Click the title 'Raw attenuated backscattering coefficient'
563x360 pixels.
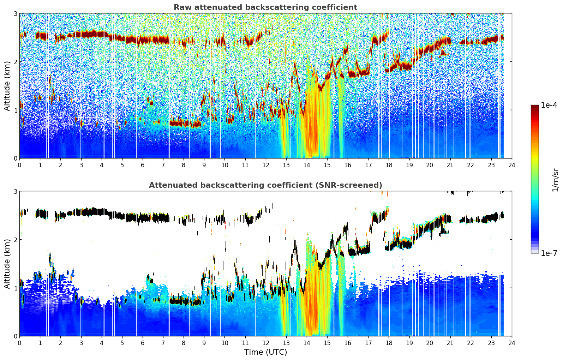(x=265, y=7)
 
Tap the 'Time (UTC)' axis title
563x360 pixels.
(x=265, y=352)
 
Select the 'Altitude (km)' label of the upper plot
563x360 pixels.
(x=7, y=86)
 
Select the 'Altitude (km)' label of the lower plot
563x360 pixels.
(x=7, y=264)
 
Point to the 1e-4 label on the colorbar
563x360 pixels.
(x=549, y=105)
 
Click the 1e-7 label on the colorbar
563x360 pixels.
(x=549, y=253)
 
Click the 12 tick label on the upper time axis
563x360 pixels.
(x=265, y=165)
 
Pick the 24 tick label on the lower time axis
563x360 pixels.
(x=512, y=343)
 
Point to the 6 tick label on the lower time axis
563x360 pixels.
(x=143, y=343)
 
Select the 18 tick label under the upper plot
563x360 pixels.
(x=389, y=165)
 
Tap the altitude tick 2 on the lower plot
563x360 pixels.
(x=15, y=240)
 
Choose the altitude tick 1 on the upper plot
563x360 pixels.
(x=15, y=110)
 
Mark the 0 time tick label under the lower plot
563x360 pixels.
(x=20, y=343)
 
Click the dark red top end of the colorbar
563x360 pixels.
(x=535, y=106)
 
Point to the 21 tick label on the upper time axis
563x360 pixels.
(x=450, y=165)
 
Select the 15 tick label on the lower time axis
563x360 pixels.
(x=327, y=343)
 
